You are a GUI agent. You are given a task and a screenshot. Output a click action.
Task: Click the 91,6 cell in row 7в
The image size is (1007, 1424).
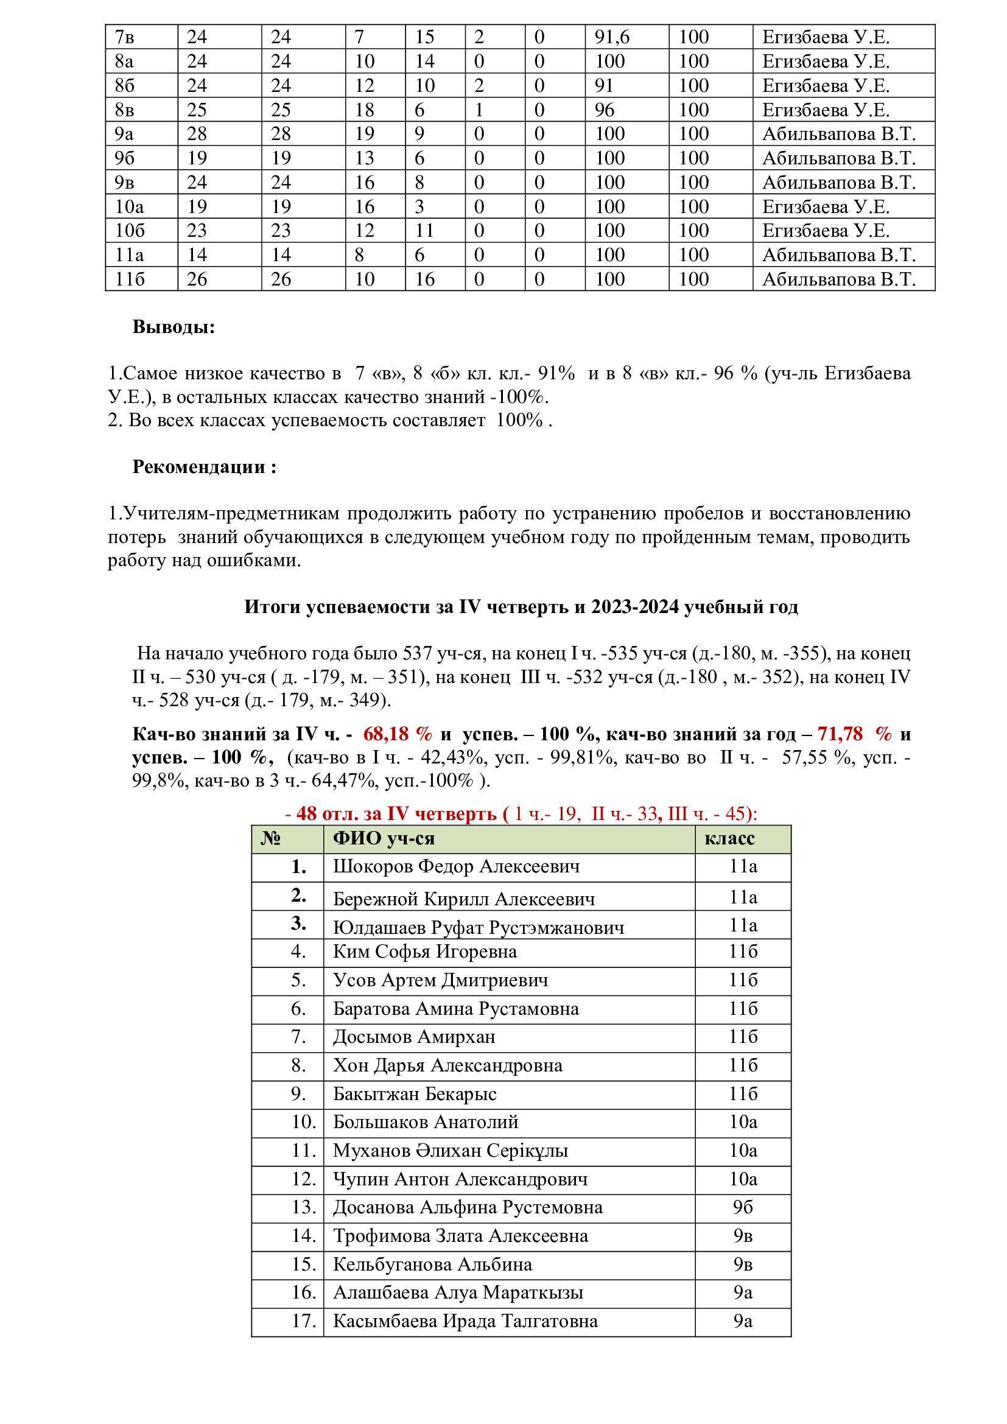[x=612, y=37]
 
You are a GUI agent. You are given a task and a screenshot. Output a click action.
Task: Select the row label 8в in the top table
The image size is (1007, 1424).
[x=125, y=110]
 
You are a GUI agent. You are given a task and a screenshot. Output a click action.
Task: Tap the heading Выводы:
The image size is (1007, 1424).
[x=174, y=327]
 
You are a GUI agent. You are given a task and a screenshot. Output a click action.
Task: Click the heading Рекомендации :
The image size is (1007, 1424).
[x=204, y=466]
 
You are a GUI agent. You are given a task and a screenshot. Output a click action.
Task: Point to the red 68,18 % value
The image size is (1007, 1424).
[x=398, y=734]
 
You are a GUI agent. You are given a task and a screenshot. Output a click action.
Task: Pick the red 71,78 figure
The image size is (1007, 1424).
[x=840, y=734]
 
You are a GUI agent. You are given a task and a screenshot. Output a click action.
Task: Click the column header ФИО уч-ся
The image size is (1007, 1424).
[x=384, y=838]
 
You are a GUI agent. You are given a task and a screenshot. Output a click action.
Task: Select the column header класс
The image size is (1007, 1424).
[x=730, y=838]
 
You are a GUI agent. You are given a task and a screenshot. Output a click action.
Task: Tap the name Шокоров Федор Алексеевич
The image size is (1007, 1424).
[x=457, y=866]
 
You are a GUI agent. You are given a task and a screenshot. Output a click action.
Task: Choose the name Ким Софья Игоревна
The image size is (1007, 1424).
[x=425, y=952]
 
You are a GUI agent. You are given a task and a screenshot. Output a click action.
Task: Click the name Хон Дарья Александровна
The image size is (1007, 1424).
[x=447, y=1065]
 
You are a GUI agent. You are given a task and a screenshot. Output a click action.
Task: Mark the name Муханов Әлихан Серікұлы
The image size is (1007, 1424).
[x=451, y=1151]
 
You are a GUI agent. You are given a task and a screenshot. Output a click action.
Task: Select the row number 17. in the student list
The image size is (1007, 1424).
[x=304, y=1321]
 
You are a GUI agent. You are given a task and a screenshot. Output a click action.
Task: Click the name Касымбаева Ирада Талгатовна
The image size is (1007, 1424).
[x=466, y=1321]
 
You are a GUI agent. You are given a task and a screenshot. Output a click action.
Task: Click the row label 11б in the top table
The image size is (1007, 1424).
[x=130, y=279]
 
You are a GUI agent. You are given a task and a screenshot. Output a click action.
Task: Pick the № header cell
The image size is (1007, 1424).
[x=271, y=838]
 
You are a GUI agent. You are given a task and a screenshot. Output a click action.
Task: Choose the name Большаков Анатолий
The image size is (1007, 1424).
[x=426, y=1122]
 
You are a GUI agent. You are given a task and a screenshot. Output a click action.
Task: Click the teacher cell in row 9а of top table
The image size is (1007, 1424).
[x=838, y=134]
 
